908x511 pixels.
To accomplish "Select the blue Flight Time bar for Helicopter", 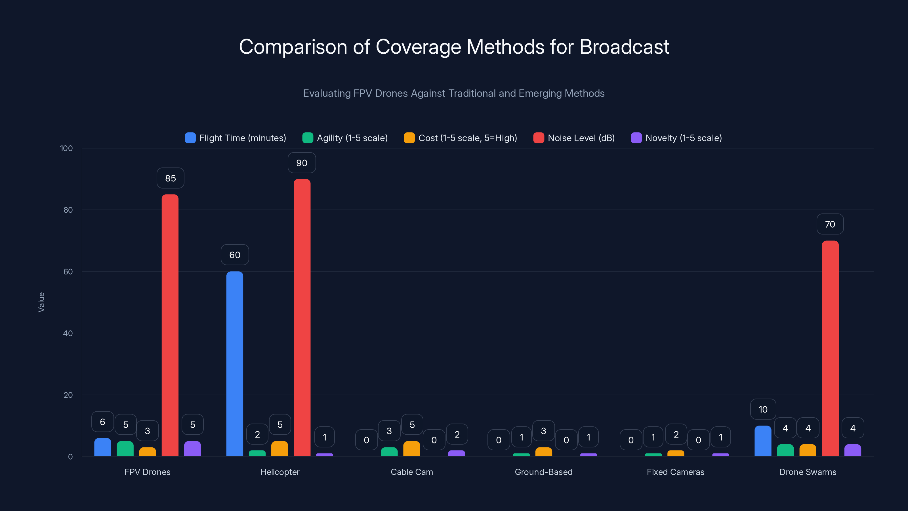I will pyautogui.click(x=234, y=363).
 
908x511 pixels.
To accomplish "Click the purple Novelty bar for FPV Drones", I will pyautogui.click(x=192, y=449).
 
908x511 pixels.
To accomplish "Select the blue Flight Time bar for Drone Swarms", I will pyautogui.click(x=763, y=441).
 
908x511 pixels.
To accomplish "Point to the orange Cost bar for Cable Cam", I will pyautogui.click(x=411, y=449).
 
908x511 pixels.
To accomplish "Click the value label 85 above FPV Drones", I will pyautogui.click(x=170, y=178).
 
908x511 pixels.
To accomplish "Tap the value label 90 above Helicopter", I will pyautogui.click(x=302, y=163).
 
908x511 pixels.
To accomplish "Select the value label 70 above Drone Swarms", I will pyautogui.click(x=830, y=224).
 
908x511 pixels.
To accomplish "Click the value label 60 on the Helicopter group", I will pyautogui.click(x=235, y=255).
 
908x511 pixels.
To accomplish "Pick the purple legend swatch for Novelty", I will pyautogui.click(x=636, y=138).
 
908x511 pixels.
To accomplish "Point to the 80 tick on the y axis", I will pyautogui.click(x=68, y=210).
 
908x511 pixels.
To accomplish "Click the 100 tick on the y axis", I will pyautogui.click(x=66, y=148).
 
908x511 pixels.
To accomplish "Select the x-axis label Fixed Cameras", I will pyautogui.click(x=675, y=472).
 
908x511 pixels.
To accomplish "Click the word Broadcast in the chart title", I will pyautogui.click(x=624, y=47).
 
